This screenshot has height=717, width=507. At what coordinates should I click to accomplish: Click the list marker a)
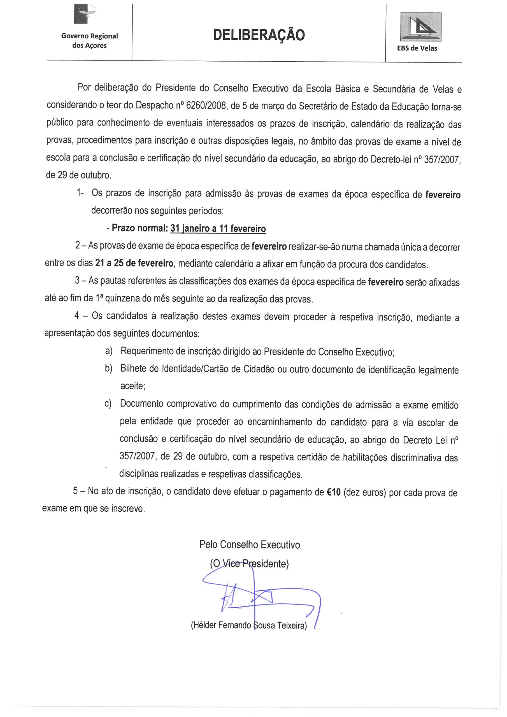[x=109, y=351]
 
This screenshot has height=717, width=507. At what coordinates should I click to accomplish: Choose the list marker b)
[x=109, y=369]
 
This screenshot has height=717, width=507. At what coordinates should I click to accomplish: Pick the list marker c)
[x=108, y=404]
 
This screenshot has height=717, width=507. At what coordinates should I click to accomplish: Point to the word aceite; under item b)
[x=133, y=386]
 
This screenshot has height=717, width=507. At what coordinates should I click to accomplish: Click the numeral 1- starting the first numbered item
[x=80, y=193]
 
